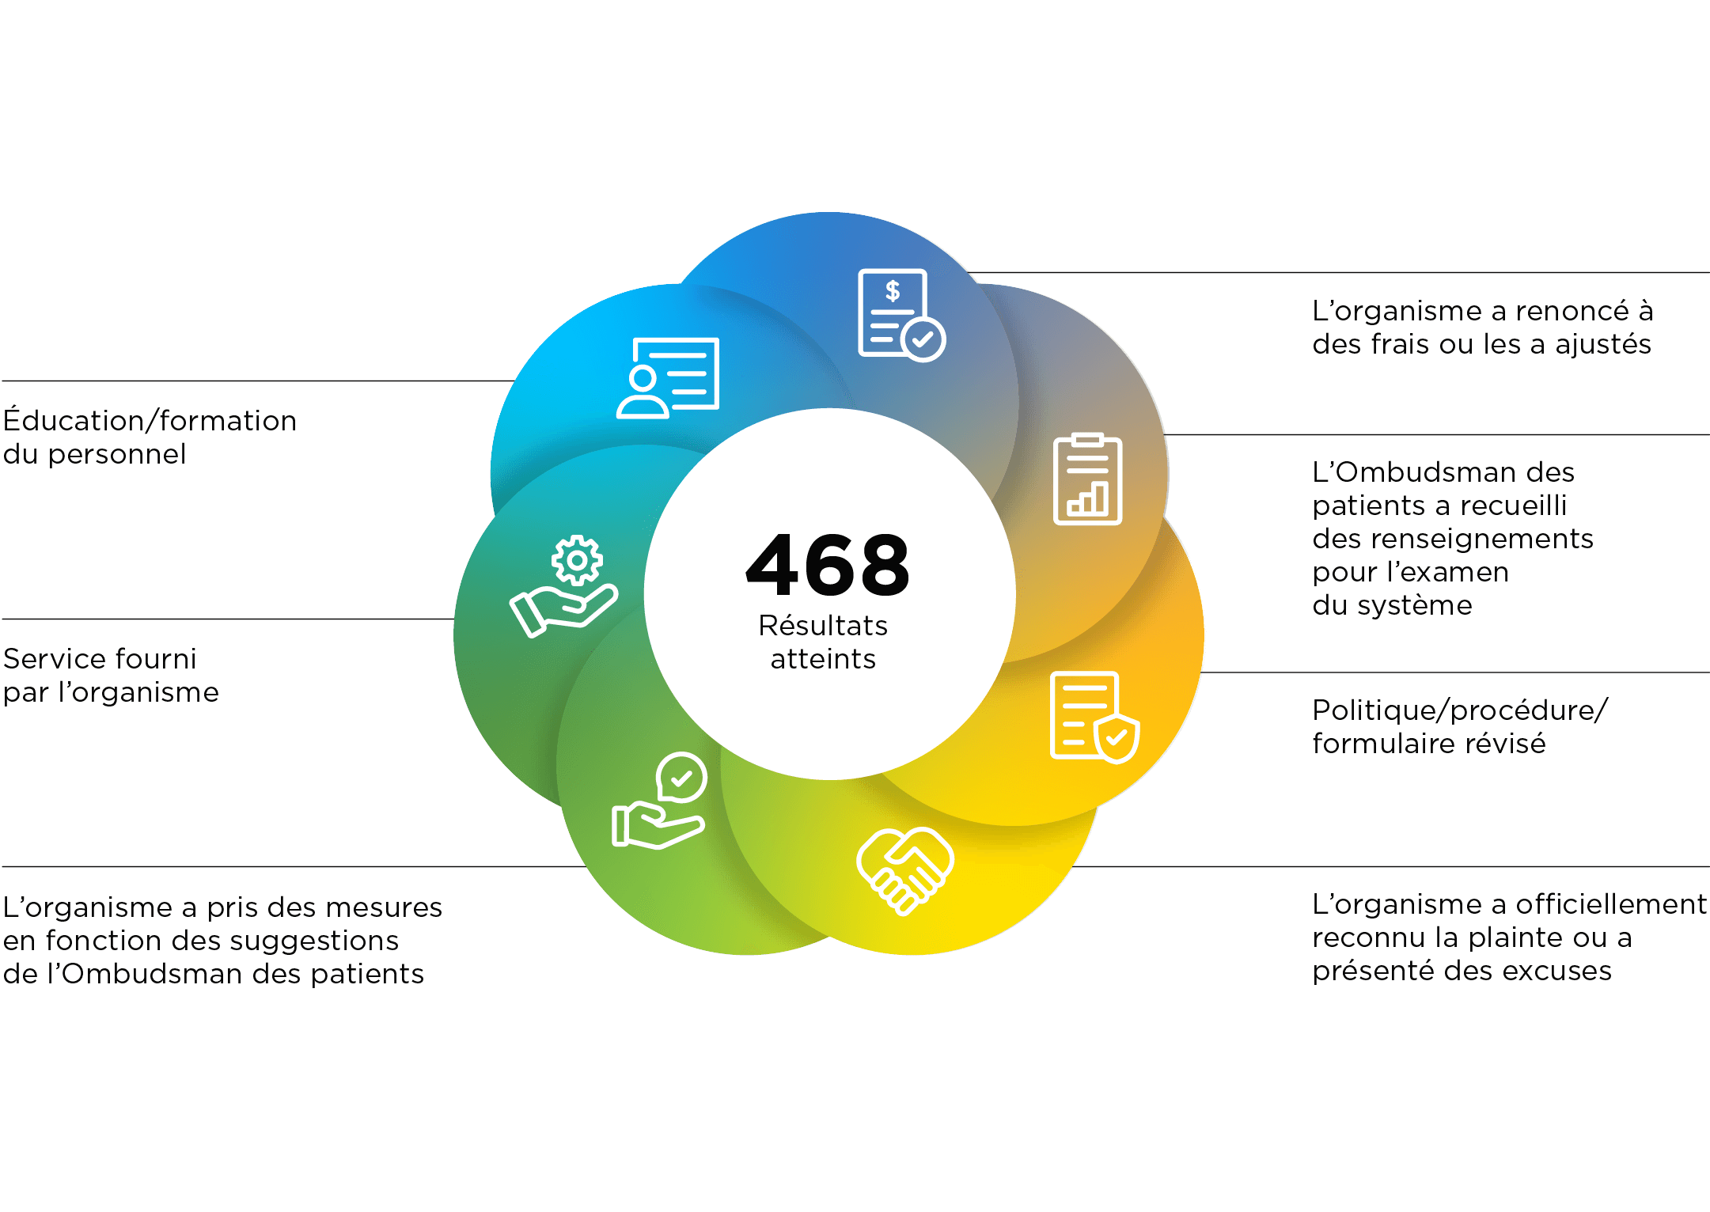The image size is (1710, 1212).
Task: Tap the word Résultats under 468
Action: pyautogui.click(x=823, y=626)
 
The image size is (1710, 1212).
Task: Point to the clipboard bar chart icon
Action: pyautogui.click(x=1088, y=479)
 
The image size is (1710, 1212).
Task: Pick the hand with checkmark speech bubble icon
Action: pyautogui.click(x=659, y=801)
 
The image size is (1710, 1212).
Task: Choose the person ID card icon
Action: pyautogui.click(x=668, y=378)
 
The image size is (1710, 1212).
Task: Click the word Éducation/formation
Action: pyautogui.click(x=150, y=421)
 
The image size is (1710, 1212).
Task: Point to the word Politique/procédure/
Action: pyautogui.click(x=1460, y=710)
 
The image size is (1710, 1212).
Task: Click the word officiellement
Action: pyautogui.click(x=1611, y=904)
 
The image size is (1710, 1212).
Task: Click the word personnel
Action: pyautogui.click(x=117, y=454)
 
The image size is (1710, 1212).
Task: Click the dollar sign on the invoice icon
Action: pyautogui.click(x=893, y=291)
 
